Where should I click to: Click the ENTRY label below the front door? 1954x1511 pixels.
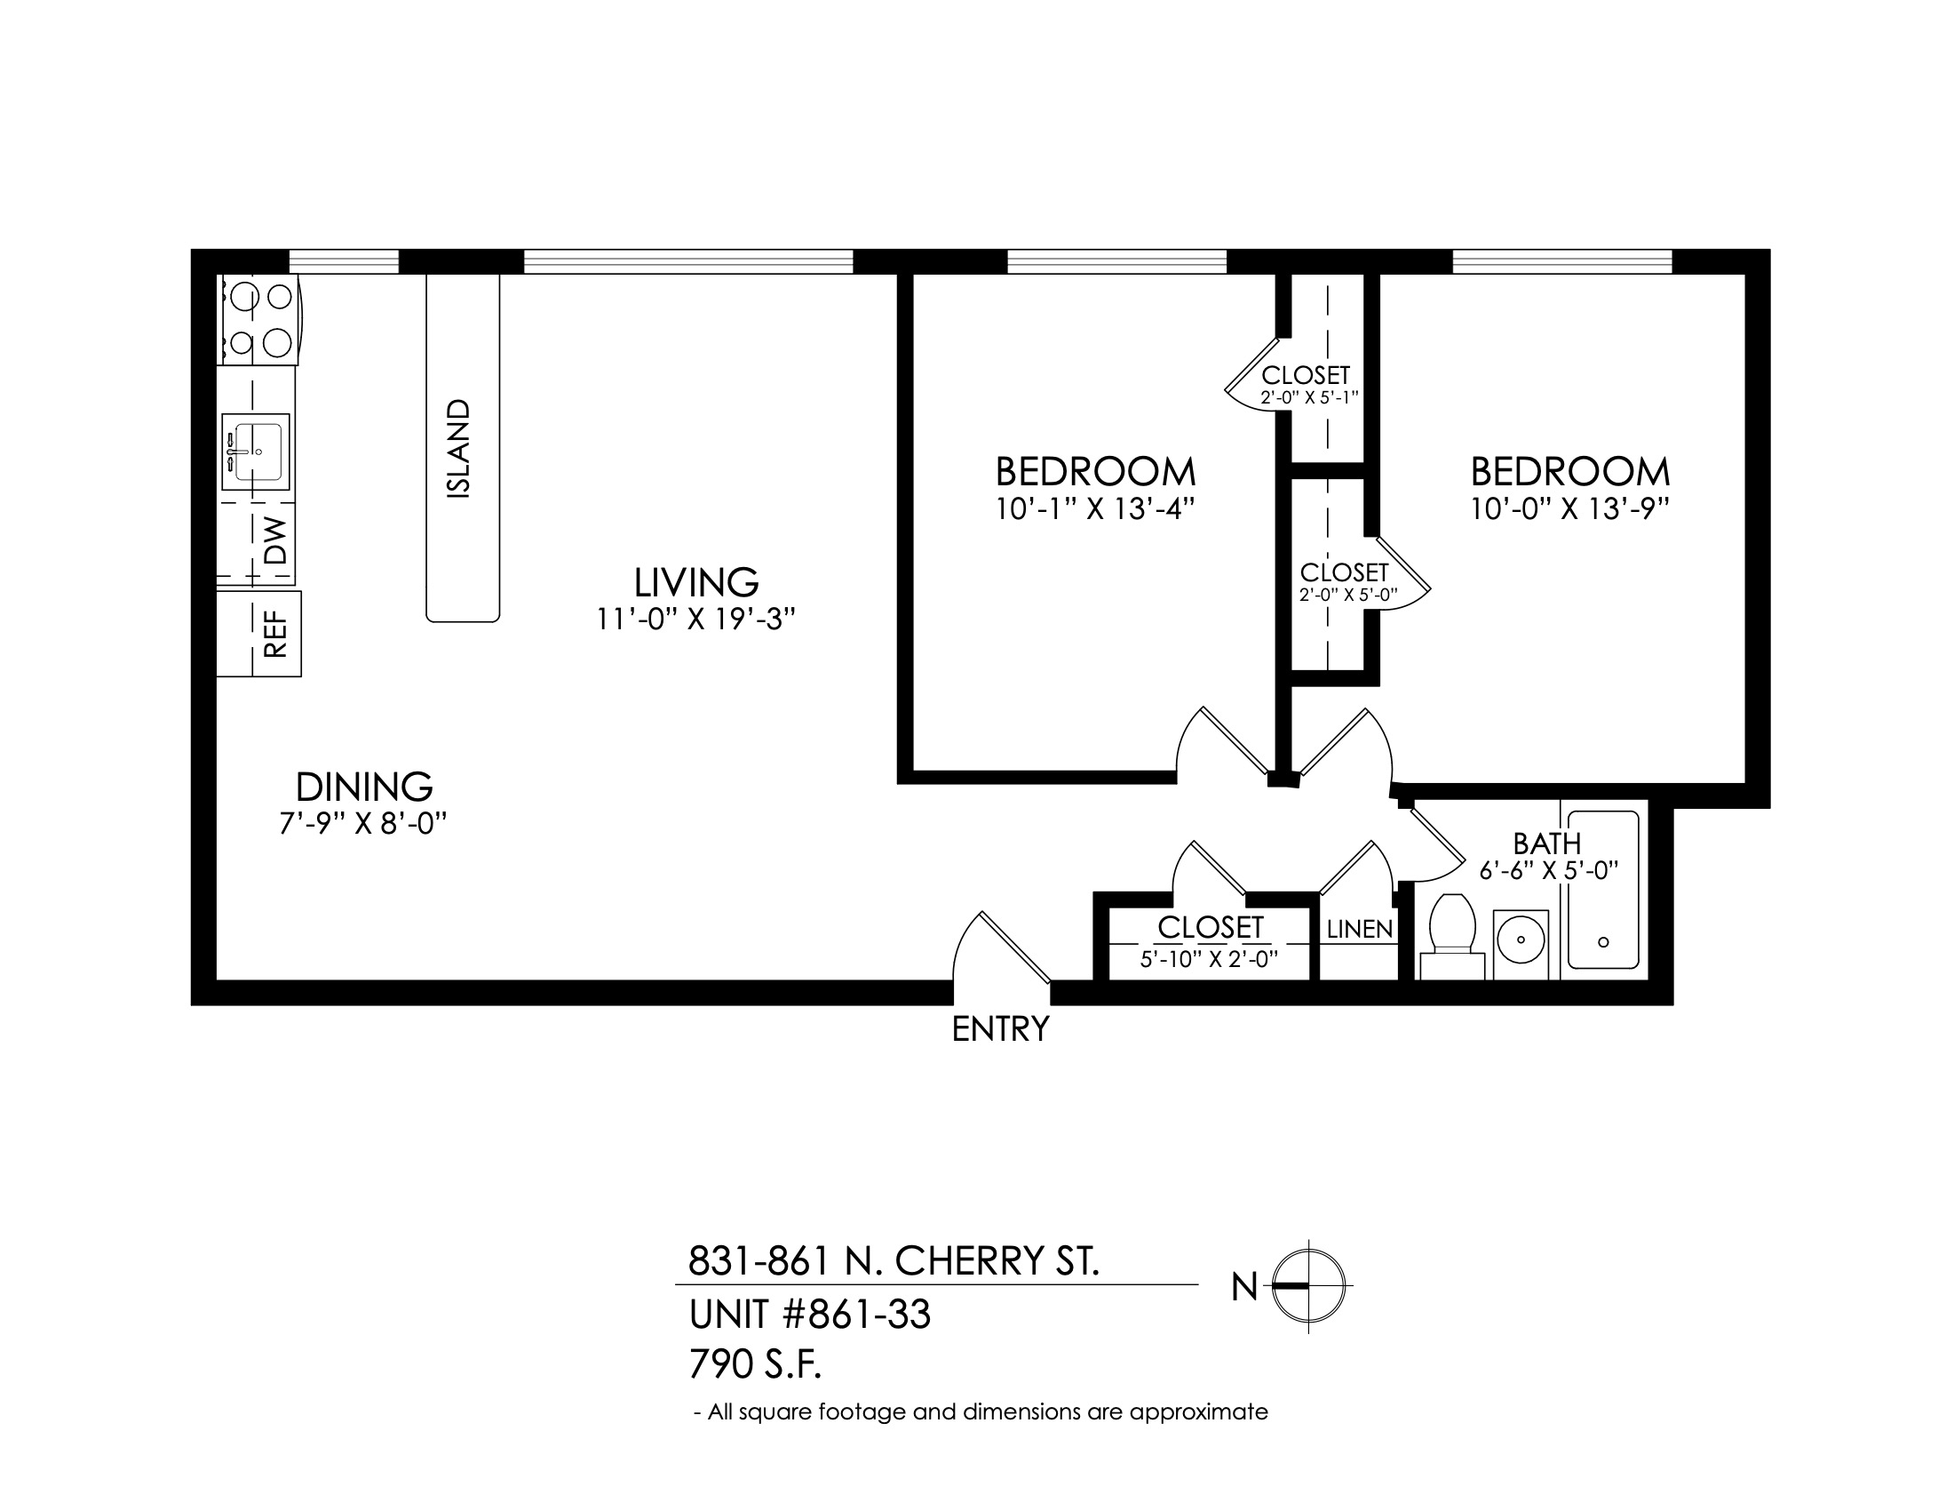click(x=1000, y=1029)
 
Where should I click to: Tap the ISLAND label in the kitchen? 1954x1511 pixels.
click(x=458, y=449)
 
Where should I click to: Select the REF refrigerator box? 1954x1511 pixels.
click(x=258, y=634)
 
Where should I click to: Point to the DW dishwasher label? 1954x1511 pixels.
click(x=277, y=540)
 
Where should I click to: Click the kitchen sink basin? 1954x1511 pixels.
click(x=256, y=452)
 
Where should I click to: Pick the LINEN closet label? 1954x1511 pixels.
click(x=1359, y=930)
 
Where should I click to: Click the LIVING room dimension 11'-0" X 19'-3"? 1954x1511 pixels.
click(x=696, y=620)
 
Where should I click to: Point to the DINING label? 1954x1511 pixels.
click(x=364, y=787)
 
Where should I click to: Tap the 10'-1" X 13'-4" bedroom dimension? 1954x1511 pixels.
click(x=1095, y=509)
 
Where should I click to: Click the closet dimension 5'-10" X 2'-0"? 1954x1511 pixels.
click(x=1209, y=960)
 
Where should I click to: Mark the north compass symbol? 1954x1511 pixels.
click(x=1309, y=1285)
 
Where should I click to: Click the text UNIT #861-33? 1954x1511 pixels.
click(x=810, y=1315)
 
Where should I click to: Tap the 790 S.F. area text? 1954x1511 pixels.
click(x=755, y=1366)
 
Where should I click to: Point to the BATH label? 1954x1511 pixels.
click(x=1547, y=843)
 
